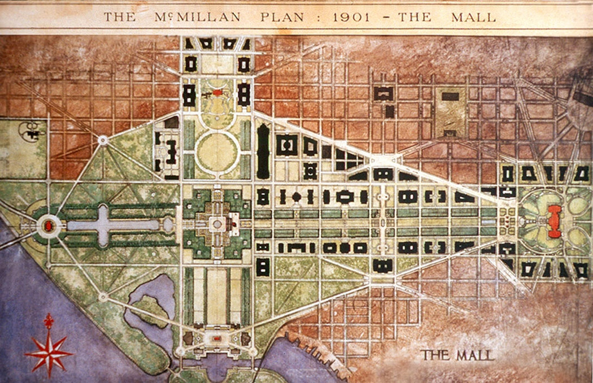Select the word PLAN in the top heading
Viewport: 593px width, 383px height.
pyautogui.click(x=276, y=17)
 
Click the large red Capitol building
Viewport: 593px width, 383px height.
pyautogui.click(x=555, y=221)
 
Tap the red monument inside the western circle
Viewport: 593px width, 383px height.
pyautogui.click(x=49, y=225)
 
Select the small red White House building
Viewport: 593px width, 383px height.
pyautogui.click(x=217, y=92)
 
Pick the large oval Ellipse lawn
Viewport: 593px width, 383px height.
pyautogui.click(x=217, y=151)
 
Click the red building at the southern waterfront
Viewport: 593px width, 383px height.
pyautogui.click(x=216, y=338)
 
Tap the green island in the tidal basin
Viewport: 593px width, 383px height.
pyautogui.click(x=149, y=308)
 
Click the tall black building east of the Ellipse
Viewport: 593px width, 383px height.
pyautogui.click(x=263, y=151)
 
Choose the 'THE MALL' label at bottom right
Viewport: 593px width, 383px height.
pyautogui.click(x=457, y=355)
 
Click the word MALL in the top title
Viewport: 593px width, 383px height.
pyautogui.click(x=473, y=17)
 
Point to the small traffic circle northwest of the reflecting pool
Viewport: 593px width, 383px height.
pyautogui.click(x=103, y=140)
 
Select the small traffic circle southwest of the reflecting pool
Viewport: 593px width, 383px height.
pyautogui.click(x=103, y=296)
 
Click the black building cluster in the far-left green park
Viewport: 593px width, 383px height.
pyautogui.click(x=29, y=131)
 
